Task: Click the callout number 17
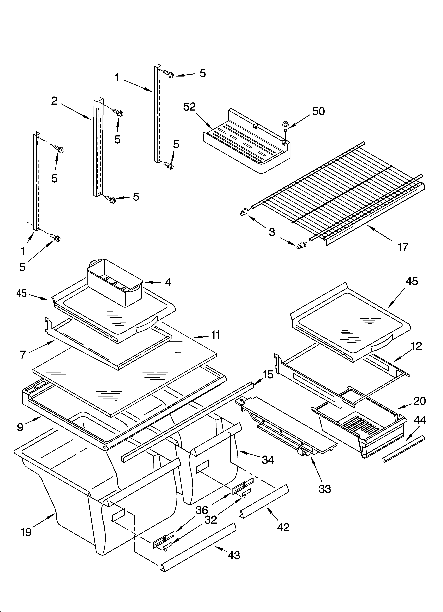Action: click(x=403, y=247)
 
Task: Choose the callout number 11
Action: click(x=215, y=335)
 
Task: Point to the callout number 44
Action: click(x=420, y=420)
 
